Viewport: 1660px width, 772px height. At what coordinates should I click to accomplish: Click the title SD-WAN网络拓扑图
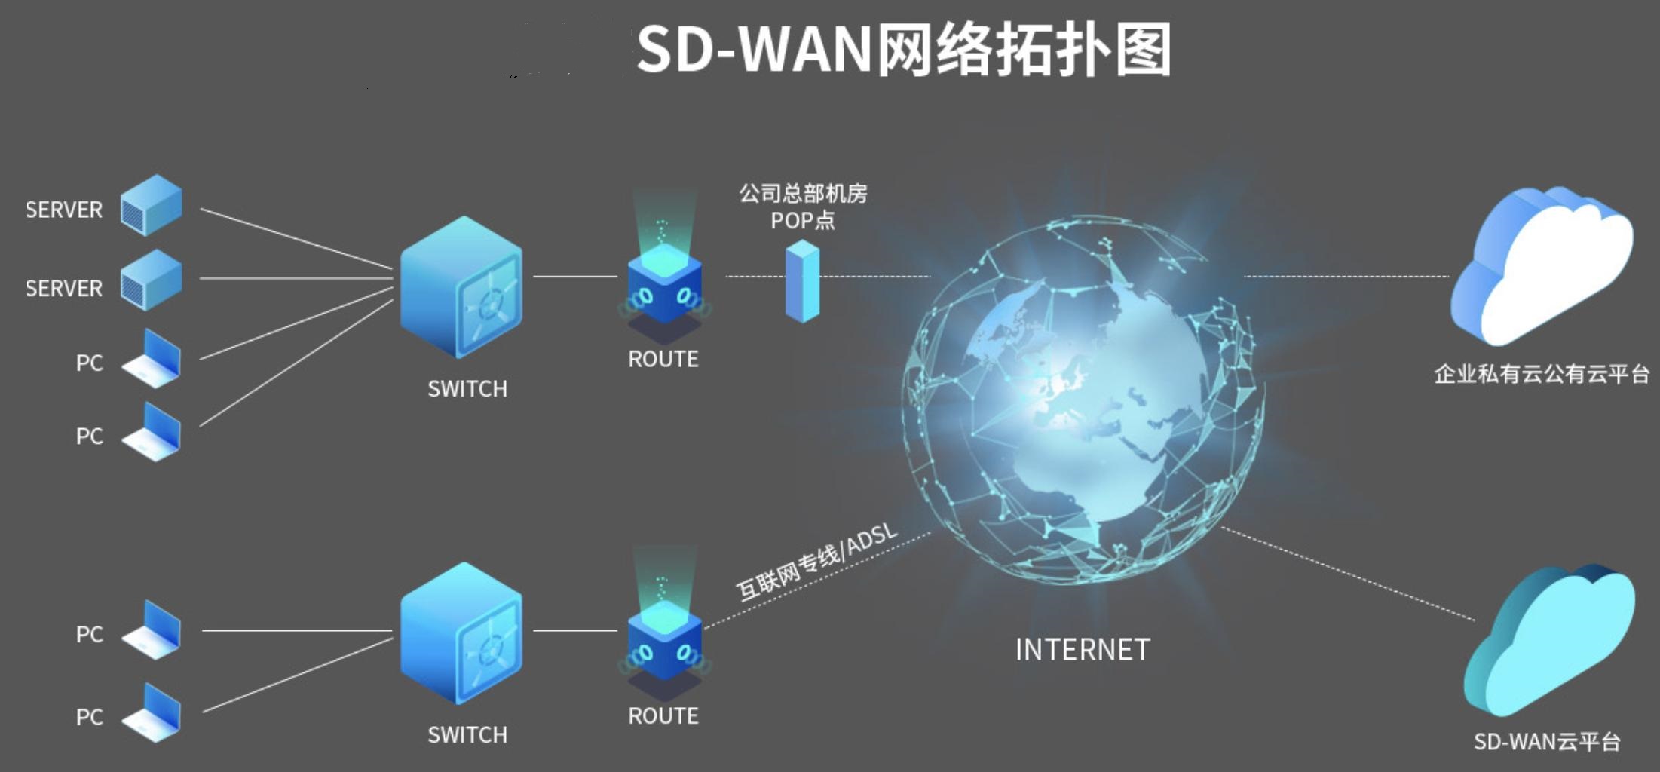[903, 50]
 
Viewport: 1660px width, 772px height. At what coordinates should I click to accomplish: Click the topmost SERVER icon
[152, 205]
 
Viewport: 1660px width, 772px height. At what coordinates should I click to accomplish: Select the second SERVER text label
[64, 288]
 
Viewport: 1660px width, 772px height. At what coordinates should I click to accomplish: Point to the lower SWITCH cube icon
[461, 633]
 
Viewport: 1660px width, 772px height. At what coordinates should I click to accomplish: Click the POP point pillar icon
[802, 280]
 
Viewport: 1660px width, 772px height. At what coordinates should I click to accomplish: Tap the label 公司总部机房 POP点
[803, 207]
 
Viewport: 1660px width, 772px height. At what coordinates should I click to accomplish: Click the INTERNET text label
[1083, 650]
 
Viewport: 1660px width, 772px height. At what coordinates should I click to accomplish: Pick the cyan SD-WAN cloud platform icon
[1549, 641]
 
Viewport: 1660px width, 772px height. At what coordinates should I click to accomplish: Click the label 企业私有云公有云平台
[1542, 374]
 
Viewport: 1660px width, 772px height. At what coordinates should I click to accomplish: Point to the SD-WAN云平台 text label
[1547, 742]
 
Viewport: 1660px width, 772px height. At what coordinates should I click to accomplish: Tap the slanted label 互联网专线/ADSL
[817, 562]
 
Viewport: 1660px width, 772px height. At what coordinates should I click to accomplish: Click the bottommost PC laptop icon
[152, 712]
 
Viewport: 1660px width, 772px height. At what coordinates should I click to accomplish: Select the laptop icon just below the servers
[152, 359]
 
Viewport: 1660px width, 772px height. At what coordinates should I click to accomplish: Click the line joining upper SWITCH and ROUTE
[574, 277]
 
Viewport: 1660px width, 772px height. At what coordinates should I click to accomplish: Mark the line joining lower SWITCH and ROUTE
[574, 630]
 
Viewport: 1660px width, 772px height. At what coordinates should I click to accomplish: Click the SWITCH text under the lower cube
[467, 734]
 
